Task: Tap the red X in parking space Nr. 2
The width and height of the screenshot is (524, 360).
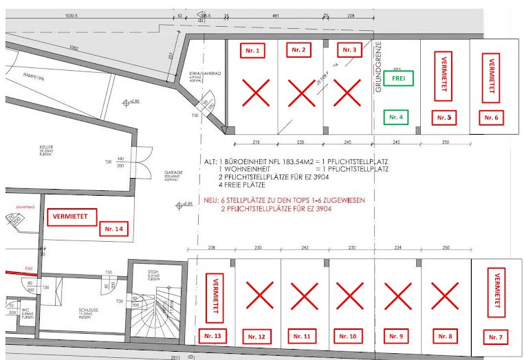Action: [301, 93]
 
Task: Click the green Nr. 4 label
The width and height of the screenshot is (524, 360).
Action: [397, 117]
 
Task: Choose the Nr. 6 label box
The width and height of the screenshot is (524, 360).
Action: [490, 117]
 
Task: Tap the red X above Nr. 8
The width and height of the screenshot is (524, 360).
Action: [444, 297]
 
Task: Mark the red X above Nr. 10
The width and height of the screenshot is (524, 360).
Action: [349, 297]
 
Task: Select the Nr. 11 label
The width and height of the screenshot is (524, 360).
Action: [302, 336]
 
